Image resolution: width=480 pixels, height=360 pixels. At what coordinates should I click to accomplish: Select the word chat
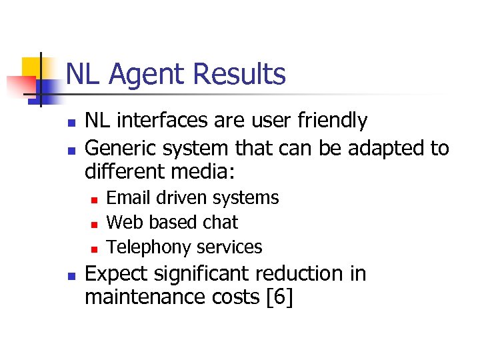pos(221,222)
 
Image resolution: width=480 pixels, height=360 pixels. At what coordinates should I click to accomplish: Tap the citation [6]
pos(279,297)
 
